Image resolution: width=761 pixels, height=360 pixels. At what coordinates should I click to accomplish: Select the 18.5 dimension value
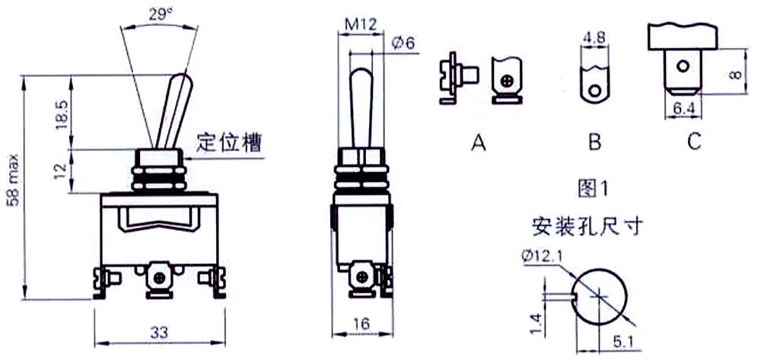(62, 115)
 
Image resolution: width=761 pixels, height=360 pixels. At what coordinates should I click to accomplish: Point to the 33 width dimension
(159, 332)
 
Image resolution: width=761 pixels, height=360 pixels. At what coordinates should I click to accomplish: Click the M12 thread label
(360, 25)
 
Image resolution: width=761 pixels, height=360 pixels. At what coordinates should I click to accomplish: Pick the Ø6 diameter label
(403, 44)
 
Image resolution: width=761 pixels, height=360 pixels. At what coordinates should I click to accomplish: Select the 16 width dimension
(362, 322)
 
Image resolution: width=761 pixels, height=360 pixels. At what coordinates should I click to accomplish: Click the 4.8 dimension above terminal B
(594, 38)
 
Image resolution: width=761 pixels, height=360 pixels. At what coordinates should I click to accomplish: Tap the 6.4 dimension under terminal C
(683, 110)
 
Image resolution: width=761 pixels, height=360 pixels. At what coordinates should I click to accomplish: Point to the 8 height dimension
(736, 74)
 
